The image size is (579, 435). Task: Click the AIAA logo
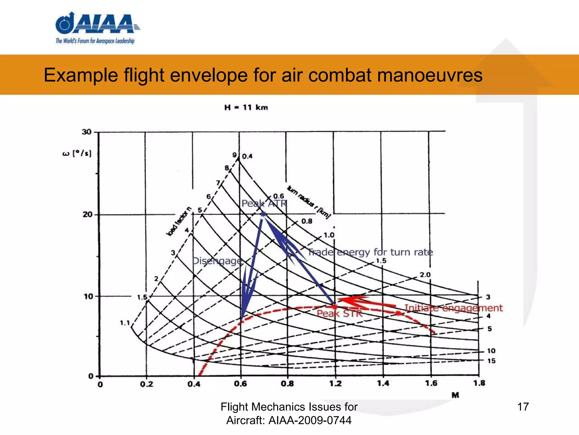(96, 28)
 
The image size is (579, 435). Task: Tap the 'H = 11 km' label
(246, 108)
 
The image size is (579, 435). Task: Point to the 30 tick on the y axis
(87, 132)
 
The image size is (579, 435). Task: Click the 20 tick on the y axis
(87, 214)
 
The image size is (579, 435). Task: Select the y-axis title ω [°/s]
(77, 154)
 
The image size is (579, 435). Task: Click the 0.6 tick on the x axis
(240, 384)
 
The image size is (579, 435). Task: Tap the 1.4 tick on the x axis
(383, 384)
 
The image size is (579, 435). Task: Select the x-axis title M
(455, 395)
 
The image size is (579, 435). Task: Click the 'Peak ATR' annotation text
(264, 203)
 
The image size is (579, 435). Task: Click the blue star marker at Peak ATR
(263, 214)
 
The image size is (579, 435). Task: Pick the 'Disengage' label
(217, 261)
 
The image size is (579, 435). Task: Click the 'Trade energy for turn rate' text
(370, 252)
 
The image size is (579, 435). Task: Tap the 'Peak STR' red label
(339, 314)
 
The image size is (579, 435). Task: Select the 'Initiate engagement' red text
(453, 308)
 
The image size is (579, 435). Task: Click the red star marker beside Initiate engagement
(398, 313)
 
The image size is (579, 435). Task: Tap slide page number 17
(523, 407)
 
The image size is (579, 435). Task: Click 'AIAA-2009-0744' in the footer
(310, 420)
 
